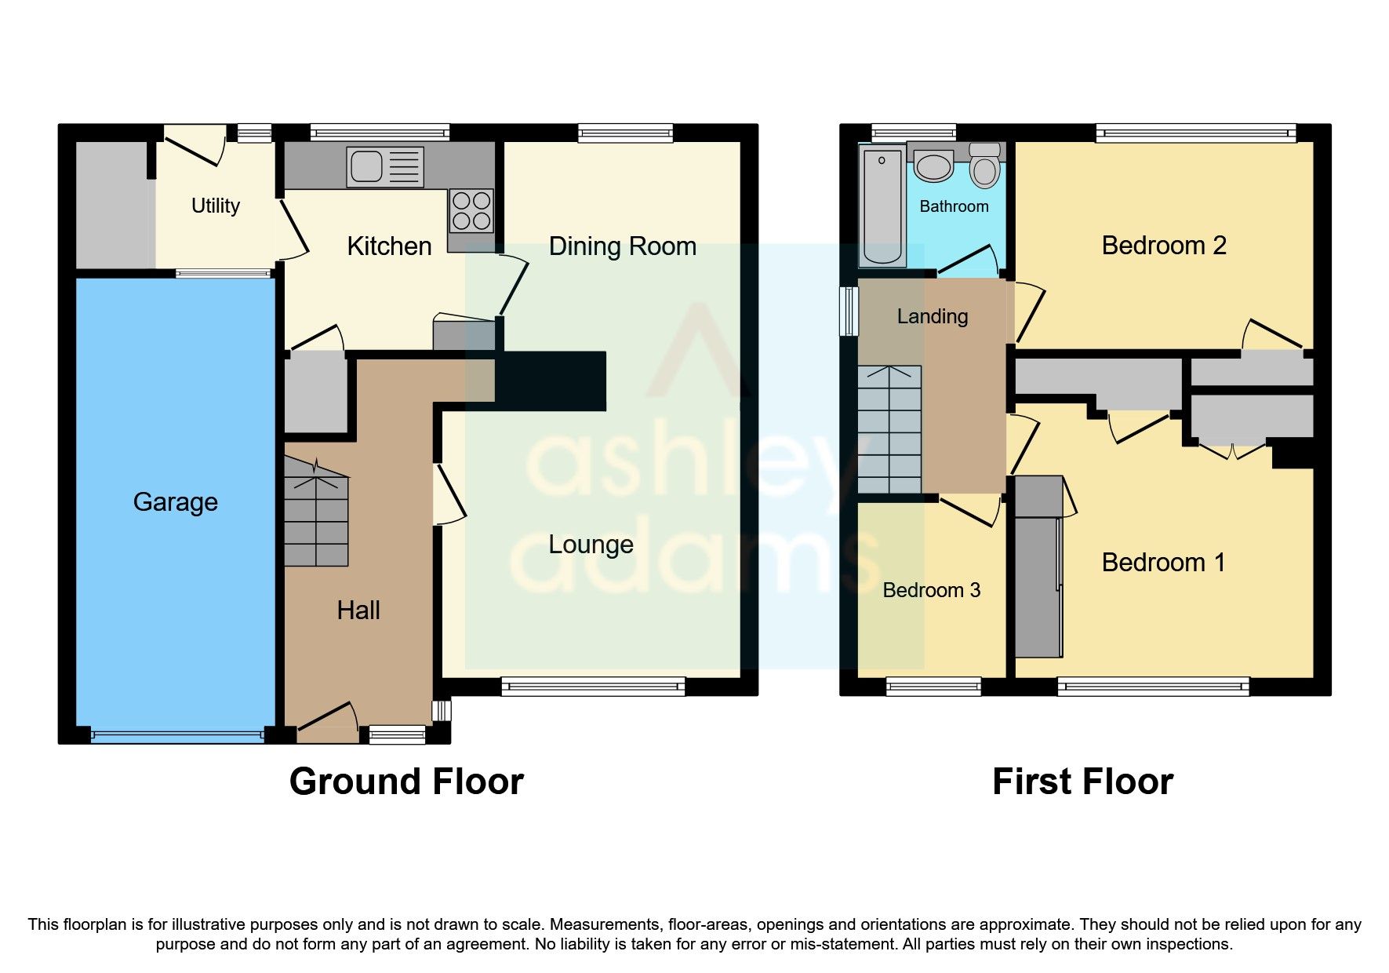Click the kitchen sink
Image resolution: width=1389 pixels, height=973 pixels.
tap(384, 166)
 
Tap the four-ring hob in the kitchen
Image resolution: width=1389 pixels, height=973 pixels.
tap(471, 210)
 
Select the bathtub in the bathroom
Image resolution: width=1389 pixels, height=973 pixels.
tap(882, 206)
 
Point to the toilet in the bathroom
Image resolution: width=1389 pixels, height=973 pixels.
tap(984, 166)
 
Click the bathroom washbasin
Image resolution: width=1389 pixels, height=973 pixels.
tap(933, 166)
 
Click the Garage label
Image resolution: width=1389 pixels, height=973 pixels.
tap(175, 501)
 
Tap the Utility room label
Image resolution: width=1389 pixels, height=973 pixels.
tap(216, 206)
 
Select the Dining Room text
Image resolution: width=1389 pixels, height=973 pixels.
tap(622, 246)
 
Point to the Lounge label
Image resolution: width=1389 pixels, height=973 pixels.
tap(591, 544)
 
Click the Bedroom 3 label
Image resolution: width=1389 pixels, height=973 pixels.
tap(931, 590)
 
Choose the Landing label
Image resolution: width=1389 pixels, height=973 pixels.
tap(932, 316)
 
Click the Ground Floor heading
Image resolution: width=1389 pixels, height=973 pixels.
tap(406, 782)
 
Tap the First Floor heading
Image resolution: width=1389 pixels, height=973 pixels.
tap(1082, 782)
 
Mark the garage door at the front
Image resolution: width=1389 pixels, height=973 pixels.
tap(177, 736)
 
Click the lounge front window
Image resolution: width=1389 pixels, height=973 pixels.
tap(593, 687)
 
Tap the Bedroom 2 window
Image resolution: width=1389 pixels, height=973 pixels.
tap(1195, 133)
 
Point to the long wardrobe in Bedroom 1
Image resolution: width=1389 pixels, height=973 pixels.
tap(1038, 567)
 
